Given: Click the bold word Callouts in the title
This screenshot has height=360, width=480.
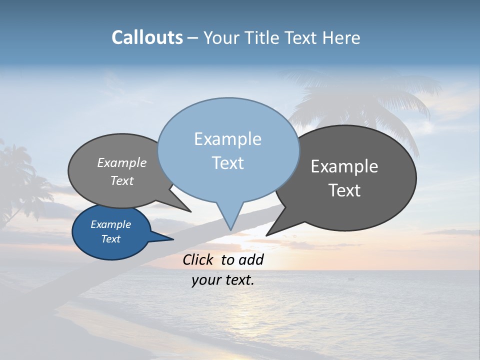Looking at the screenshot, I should click(147, 37).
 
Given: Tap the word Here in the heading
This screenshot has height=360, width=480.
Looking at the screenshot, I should click(340, 37).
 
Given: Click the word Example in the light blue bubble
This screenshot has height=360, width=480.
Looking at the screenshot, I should click(227, 139).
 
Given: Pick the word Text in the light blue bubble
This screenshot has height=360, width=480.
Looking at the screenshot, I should click(227, 163).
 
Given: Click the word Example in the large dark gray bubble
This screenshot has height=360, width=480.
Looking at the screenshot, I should click(344, 166).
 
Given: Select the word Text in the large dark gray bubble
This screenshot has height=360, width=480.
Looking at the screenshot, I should click(344, 190).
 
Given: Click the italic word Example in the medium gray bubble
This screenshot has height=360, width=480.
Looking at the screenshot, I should click(122, 162).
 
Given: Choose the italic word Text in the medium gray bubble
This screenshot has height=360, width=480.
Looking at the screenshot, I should click(122, 180).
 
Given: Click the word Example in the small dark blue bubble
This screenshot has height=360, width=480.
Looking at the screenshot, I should click(110, 224).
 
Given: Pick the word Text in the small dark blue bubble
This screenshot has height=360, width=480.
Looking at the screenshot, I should click(110, 239).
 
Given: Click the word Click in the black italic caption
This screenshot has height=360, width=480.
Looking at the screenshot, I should click(198, 259).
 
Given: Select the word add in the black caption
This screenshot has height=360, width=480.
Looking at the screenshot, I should click(250, 259).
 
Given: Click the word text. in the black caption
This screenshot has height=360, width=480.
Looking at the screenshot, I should click(237, 280).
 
